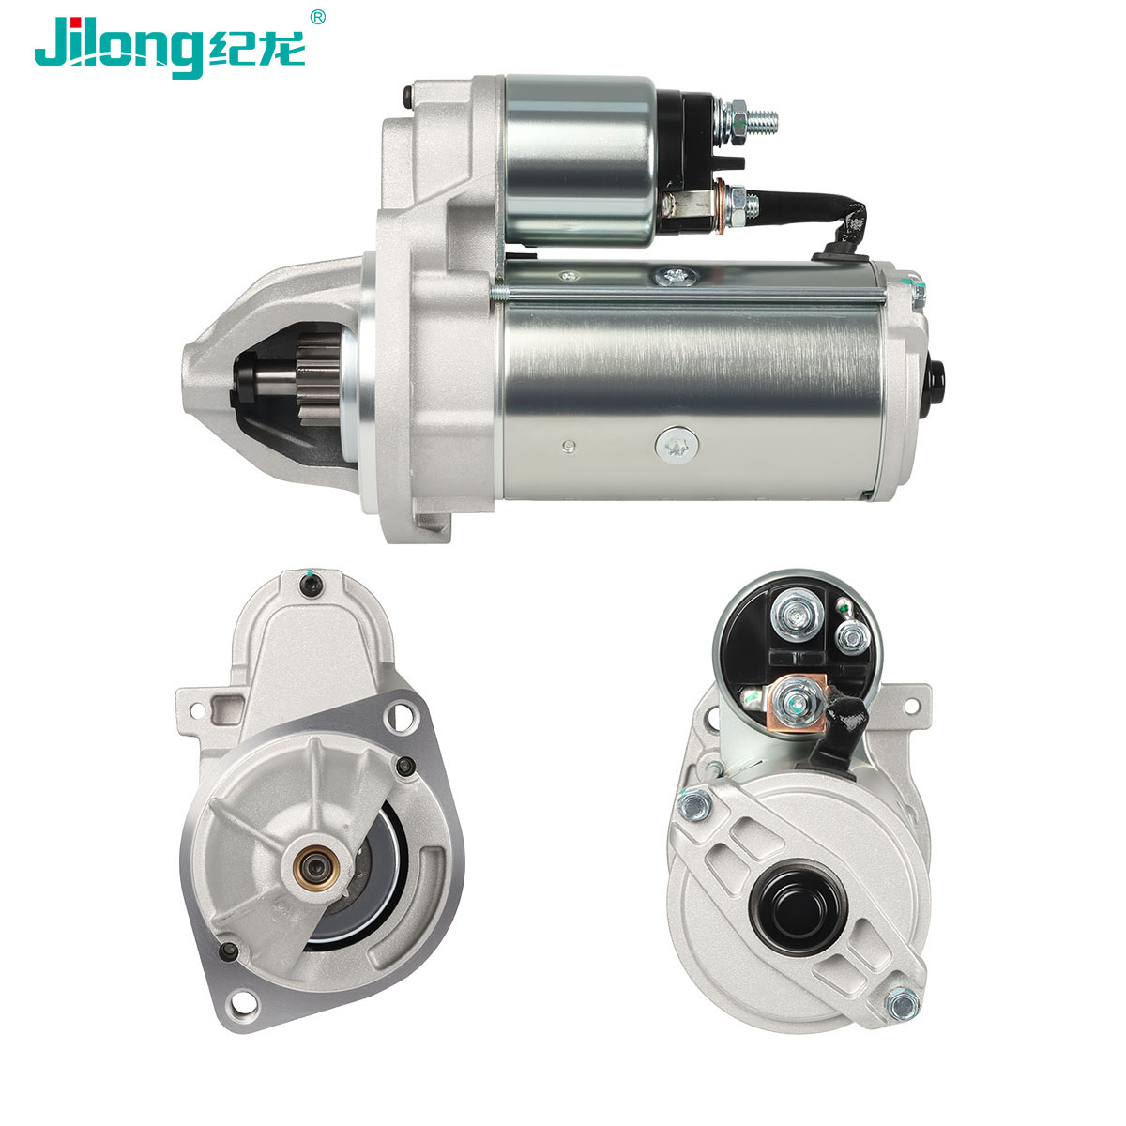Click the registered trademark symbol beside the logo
[x=317, y=18]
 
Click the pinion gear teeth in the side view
[x=318, y=380]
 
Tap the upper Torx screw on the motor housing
[x=676, y=277]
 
